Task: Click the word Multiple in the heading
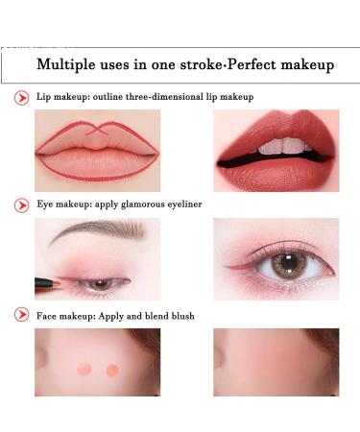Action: (66, 64)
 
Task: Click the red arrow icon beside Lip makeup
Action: (22, 98)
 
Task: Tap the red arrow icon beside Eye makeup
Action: (22, 205)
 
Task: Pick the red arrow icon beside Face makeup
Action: (22, 315)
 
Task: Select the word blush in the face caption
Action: (182, 316)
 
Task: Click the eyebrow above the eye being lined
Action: (97, 230)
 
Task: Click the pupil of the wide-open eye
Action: (290, 262)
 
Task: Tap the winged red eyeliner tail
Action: (236, 267)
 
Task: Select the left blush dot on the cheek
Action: (84, 369)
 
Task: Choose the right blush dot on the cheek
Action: (112, 370)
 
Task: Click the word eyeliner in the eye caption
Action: (184, 204)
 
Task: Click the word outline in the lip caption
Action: (108, 96)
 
